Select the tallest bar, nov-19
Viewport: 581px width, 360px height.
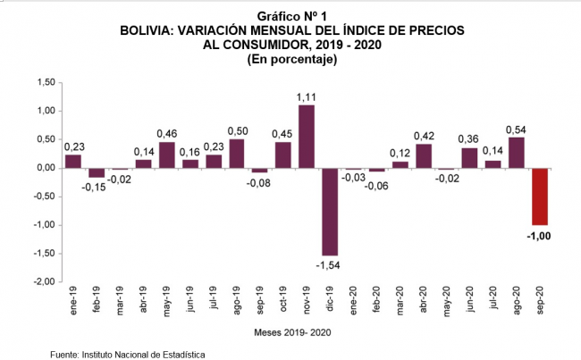(306, 136)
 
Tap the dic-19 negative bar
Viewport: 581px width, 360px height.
(329, 211)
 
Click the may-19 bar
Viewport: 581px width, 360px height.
(166, 155)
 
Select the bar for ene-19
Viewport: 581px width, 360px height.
(72, 161)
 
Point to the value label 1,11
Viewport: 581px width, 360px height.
(306, 96)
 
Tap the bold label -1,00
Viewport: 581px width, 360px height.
(538, 236)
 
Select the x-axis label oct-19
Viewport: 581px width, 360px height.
(282, 301)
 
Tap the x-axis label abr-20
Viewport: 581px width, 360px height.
(423, 301)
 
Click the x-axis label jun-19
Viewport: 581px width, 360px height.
(189, 301)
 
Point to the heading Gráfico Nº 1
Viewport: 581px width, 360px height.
(291, 17)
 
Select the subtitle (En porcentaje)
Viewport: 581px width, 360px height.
(291, 59)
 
